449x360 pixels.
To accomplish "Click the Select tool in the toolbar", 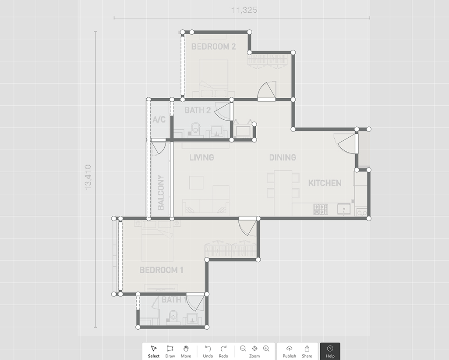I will coord(154,351).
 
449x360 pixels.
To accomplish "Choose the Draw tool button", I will coord(170,351).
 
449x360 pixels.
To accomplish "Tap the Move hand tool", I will coord(186,351).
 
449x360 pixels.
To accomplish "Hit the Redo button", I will coord(223,351).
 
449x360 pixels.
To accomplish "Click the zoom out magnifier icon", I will coord(243,348).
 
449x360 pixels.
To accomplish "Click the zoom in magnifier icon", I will coord(266,348).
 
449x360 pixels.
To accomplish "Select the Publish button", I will coord(289,351).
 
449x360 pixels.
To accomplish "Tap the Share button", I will coord(307,351).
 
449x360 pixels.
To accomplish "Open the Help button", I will coord(330,351).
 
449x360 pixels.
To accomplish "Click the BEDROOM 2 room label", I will coord(213,46).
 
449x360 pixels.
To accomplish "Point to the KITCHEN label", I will coord(325,183).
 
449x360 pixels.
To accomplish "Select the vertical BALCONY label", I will coord(161,192).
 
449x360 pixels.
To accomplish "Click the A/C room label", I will coord(159,120).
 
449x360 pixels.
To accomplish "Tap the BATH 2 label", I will coord(198,110).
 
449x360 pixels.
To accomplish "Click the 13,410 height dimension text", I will coord(88,177).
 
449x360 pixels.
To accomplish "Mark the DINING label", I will coord(282,157).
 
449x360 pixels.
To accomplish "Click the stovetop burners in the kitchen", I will coord(321,209).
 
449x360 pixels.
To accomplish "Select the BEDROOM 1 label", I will coord(161,270).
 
